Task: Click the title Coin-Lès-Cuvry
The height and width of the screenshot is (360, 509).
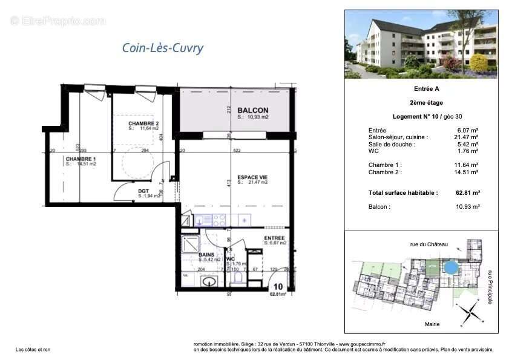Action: pyautogui.click(x=163, y=48)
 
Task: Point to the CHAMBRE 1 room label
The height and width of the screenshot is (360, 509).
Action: pyautogui.click(x=80, y=159)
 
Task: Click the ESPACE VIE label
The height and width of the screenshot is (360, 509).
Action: pyautogui.click(x=253, y=177)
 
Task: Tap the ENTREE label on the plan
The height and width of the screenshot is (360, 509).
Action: pyautogui.click(x=275, y=238)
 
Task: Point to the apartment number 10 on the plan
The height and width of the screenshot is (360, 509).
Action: pyautogui.click(x=278, y=287)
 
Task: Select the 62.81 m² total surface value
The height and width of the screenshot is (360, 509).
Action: pyautogui.click(x=467, y=192)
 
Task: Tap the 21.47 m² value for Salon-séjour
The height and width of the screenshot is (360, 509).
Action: pyautogui.click(x=467, y=137)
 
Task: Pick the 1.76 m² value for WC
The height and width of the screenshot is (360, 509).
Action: pyautogui.click(x=468, y=151)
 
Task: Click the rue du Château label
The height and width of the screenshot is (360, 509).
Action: pyautogui.click(x=429, y=244)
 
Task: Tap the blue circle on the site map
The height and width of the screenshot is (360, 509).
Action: pyautogui.click(x=450, y=267)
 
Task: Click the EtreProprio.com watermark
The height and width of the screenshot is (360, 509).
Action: pyautogui.click(x=57, y=21)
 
